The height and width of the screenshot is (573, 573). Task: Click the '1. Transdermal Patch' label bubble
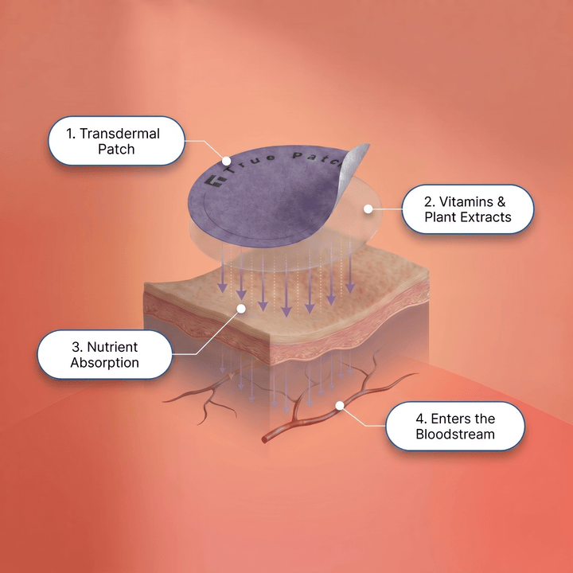coord(116,141)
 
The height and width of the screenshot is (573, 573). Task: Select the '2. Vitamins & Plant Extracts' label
coord(468,209)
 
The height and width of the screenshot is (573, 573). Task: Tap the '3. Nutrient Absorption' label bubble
coord(105,354)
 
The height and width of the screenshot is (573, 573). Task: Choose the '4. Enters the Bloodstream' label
coord(455,426)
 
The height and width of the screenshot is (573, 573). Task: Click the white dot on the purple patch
coord(227,161)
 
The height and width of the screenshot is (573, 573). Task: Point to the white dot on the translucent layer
coord(368,209)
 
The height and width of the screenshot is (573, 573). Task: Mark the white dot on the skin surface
coord(241,309)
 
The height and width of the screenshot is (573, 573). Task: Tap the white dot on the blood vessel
coord(340,405)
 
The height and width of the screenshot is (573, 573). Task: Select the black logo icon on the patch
coord(214,181)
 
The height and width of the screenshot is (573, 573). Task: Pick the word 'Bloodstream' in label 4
coord(455,435)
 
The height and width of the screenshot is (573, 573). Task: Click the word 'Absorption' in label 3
coord(105,363)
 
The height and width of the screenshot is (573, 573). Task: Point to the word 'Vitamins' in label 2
coord(461,201)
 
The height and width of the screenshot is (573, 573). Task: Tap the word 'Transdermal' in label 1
coord(120,134)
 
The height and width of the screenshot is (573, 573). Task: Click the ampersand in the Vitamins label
coord(501,201)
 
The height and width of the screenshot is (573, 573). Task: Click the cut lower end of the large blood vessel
coord(264,439)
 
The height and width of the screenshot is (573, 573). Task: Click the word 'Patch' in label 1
coord(116,149)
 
